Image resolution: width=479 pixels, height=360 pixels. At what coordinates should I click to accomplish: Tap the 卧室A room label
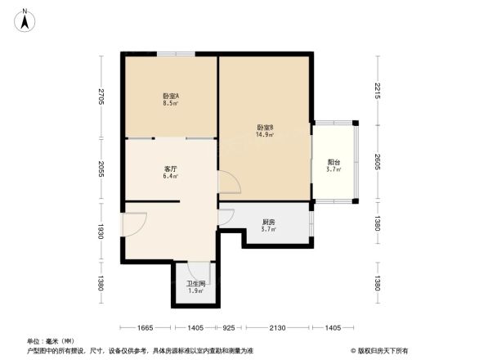coord(171,97)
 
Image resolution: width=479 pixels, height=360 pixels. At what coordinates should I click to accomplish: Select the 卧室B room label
coord(265,127)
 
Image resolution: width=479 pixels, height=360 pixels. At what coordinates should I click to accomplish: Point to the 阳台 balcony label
coord(334,162)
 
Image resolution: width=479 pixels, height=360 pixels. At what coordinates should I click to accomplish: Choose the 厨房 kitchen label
coord(268,223)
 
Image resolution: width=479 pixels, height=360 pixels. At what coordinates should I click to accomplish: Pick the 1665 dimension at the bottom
coord(145,328)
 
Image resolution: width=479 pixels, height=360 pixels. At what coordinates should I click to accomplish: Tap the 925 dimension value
coord(230,328)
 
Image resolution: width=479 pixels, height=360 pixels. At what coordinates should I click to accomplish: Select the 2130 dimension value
coord(278,328)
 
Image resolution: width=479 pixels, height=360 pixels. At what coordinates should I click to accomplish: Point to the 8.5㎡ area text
coord(171,104)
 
